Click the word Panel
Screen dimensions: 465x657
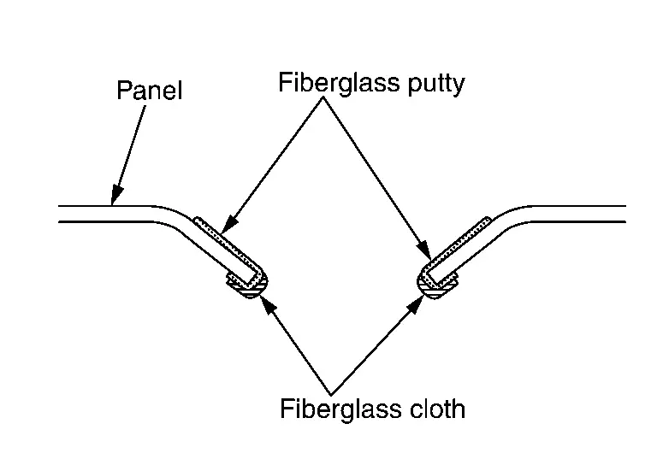pyautogui.click(x=149, y=90)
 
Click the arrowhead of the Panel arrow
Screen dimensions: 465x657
pyautogui.click(x=114, y=199)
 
